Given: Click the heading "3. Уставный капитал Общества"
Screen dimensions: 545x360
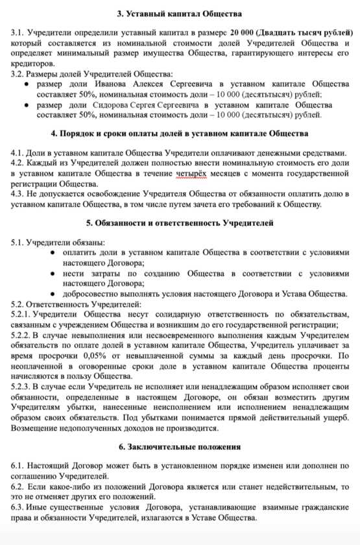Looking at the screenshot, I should [x=180, y=14].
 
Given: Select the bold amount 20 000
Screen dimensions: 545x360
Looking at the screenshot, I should [x=243, y=32].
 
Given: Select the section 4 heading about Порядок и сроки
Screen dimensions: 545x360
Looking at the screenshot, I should [x=180, y=134].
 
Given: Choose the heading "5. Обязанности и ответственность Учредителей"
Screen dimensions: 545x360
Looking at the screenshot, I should [x=180, y=223].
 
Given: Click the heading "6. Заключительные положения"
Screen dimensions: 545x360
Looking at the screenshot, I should [x=180, y=447].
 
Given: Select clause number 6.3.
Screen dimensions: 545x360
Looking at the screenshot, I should [x=19, y=507].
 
